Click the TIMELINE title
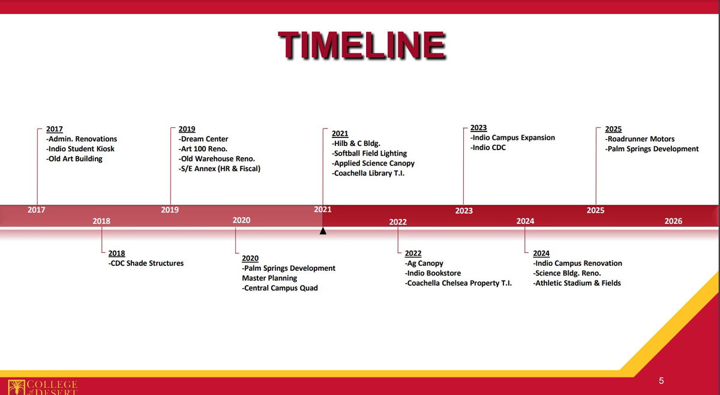coord(362,46)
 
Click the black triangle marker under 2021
coord(323,231)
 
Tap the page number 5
coord(661,381)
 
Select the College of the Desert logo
coord(43,387)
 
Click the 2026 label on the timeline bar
coord(673,221)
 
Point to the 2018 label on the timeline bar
coord(101,221)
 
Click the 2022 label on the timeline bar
coord(398,222)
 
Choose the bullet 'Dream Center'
coord(203,139)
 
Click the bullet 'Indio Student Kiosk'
coord(80,149)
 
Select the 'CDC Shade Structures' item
coord(146,263)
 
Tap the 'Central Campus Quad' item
coord(280,288)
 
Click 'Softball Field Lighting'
coord(370,154)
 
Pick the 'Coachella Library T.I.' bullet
coord(368,173)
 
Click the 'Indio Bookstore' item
coord(433,273)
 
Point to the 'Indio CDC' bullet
coord(488,147)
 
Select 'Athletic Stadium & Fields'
coord(577,283)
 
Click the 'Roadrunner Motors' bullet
coord(640,139)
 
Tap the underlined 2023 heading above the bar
coord(479,128)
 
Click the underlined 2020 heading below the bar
coord(250,258)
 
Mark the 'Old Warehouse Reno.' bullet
coord(217,158)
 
